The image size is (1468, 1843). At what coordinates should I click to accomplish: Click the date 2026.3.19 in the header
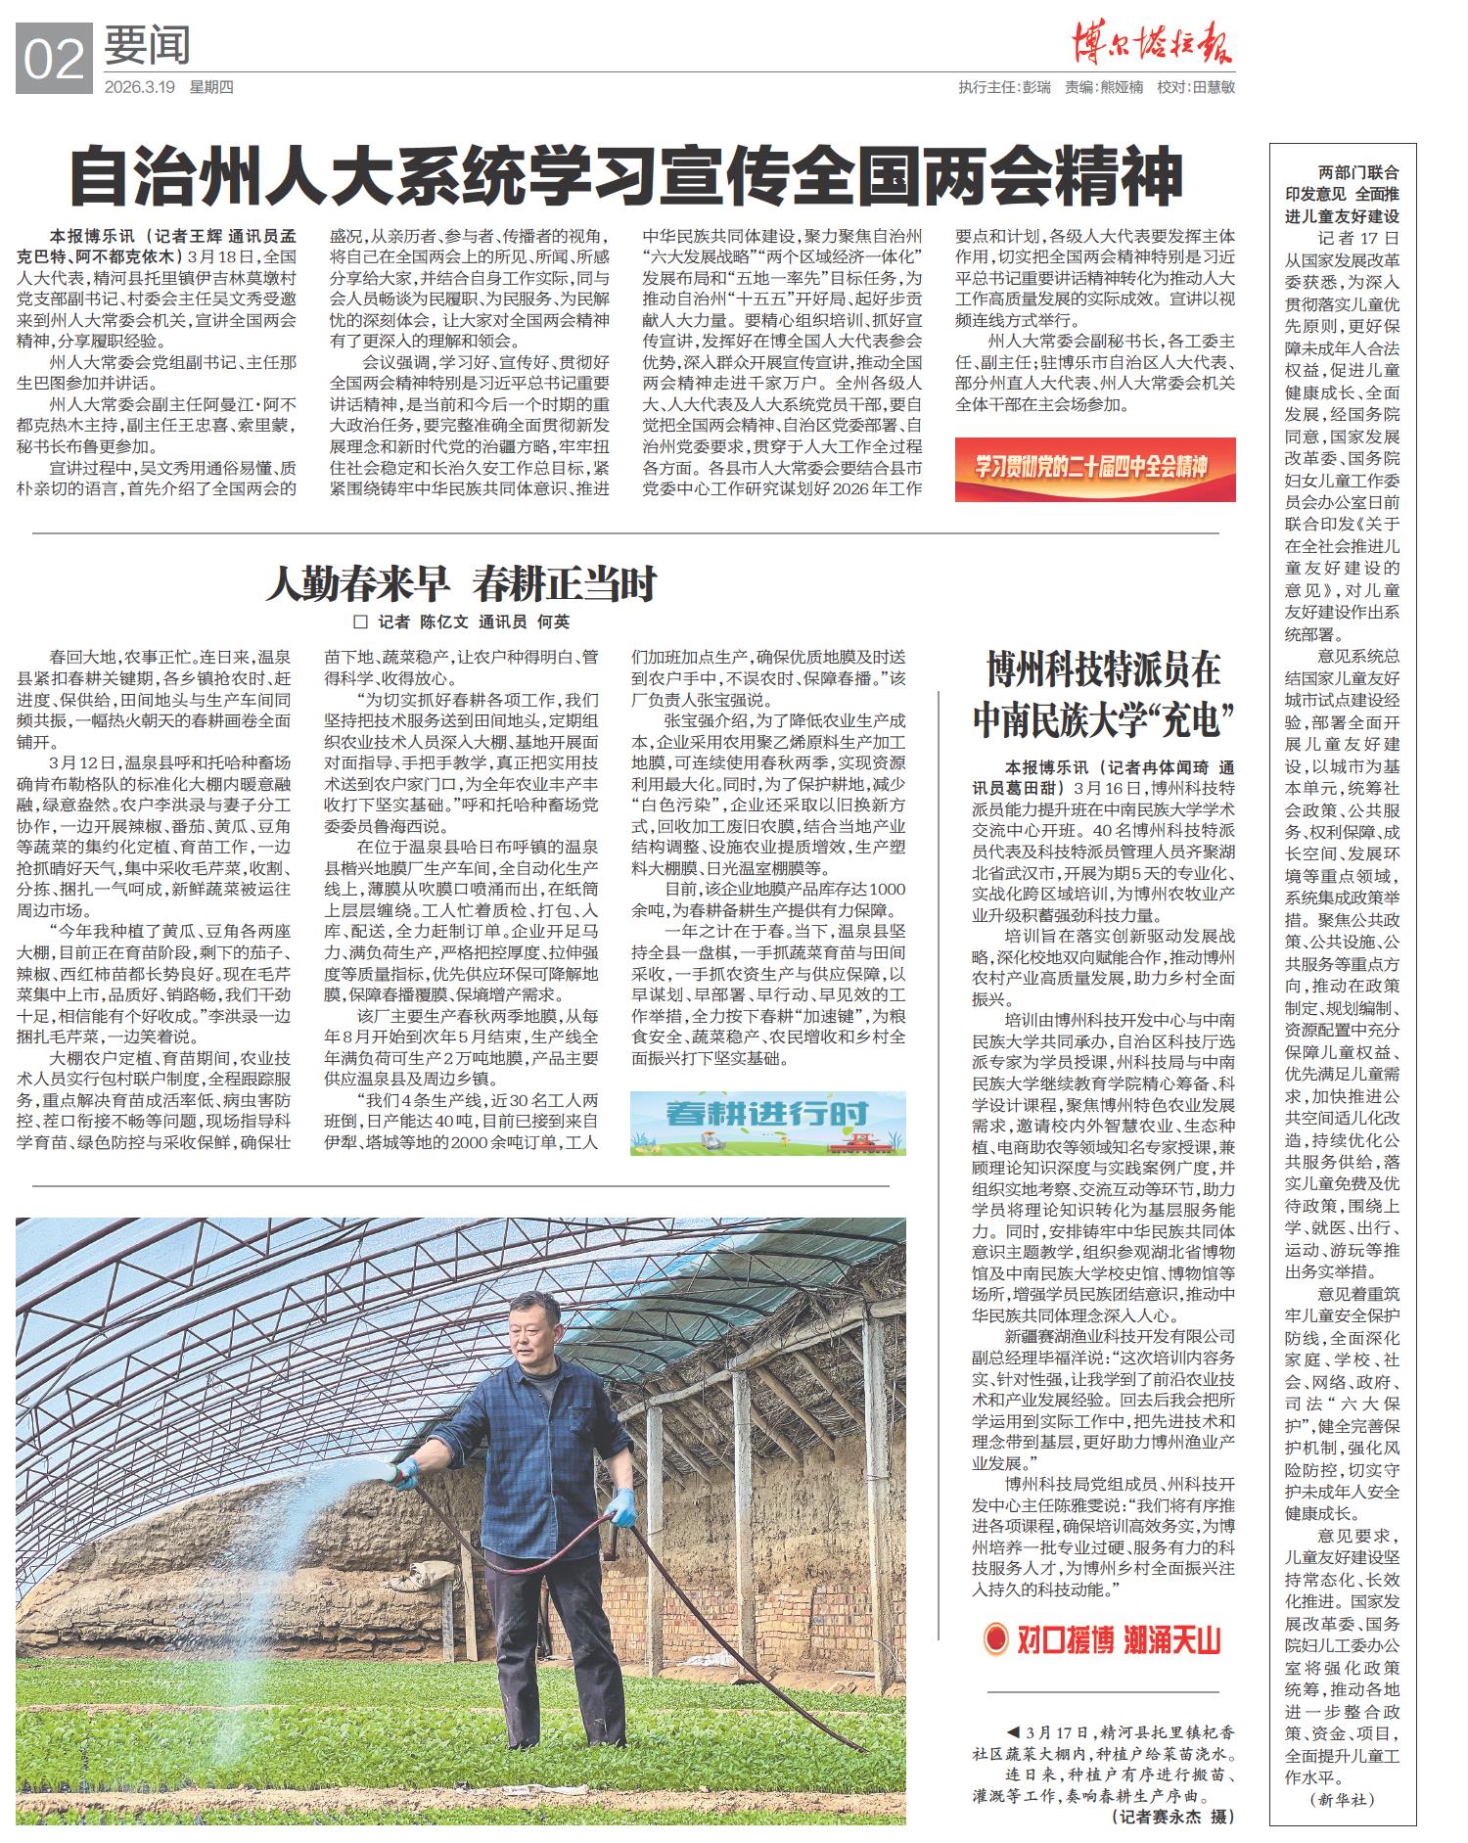click(139, 87)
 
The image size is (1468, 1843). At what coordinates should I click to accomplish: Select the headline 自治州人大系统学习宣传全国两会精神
click(626, 177)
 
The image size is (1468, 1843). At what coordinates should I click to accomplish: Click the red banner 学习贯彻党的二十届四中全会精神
click(1094, 468)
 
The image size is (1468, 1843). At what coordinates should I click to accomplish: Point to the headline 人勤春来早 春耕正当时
click(461, 584)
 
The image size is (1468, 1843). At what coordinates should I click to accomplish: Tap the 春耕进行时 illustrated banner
click(767, 1122)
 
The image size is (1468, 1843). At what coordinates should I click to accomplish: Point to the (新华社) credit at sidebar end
click(1342, 1798)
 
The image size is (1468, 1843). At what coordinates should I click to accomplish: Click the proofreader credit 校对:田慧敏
click(1195, 87)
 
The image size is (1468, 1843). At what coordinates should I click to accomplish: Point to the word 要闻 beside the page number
click(146, 46)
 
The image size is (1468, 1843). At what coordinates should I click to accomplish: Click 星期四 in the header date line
click(211, 87)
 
